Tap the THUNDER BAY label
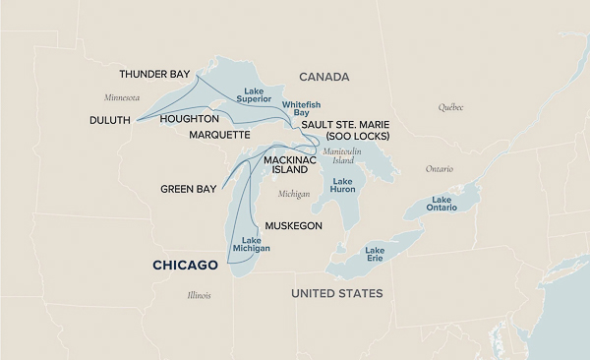point(154,75)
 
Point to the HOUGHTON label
point(190,118)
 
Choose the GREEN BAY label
point(190,189)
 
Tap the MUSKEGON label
point(294,225)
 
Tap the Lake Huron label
point(343,185)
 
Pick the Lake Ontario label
point(441,205)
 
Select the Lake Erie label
point(375,255)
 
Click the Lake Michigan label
point(250,245)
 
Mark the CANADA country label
point(324,76)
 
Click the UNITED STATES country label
point(337,293)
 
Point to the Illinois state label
point(200,295)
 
